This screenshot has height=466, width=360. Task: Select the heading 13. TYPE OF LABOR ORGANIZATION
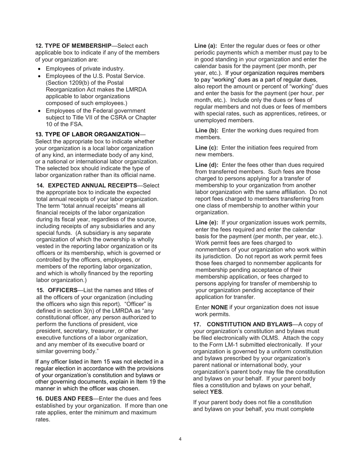click(x=87, y=134)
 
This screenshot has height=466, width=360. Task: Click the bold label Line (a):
click(x=206, y=46)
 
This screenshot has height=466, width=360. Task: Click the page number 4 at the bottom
click(x=180, y=439)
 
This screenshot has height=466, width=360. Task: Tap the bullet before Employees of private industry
click(x=40, y=69)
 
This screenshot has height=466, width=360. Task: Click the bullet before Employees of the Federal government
click(x=40, y=111)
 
